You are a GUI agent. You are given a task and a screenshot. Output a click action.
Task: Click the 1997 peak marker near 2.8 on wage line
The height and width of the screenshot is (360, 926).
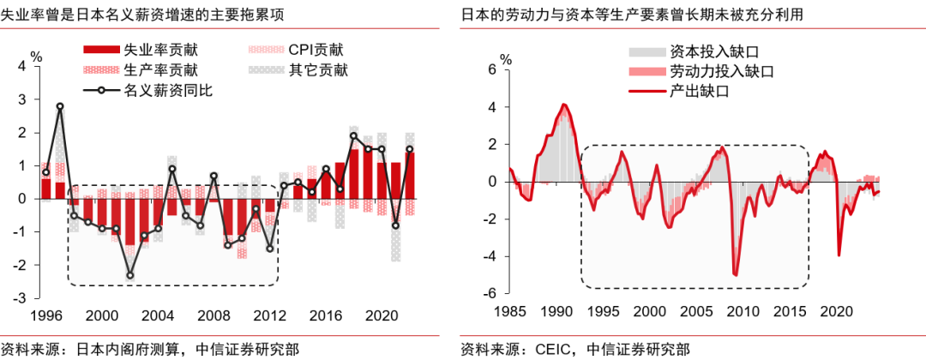[60, 106]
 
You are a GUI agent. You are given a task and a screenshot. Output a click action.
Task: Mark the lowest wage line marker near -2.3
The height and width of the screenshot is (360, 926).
[129, 275]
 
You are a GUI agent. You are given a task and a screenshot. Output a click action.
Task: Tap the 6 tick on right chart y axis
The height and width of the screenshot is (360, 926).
[492, 70]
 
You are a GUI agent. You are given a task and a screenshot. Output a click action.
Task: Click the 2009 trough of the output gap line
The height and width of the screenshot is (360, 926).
[736, 274]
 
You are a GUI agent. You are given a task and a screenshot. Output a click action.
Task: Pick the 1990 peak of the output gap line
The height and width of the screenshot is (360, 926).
[563, 105]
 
